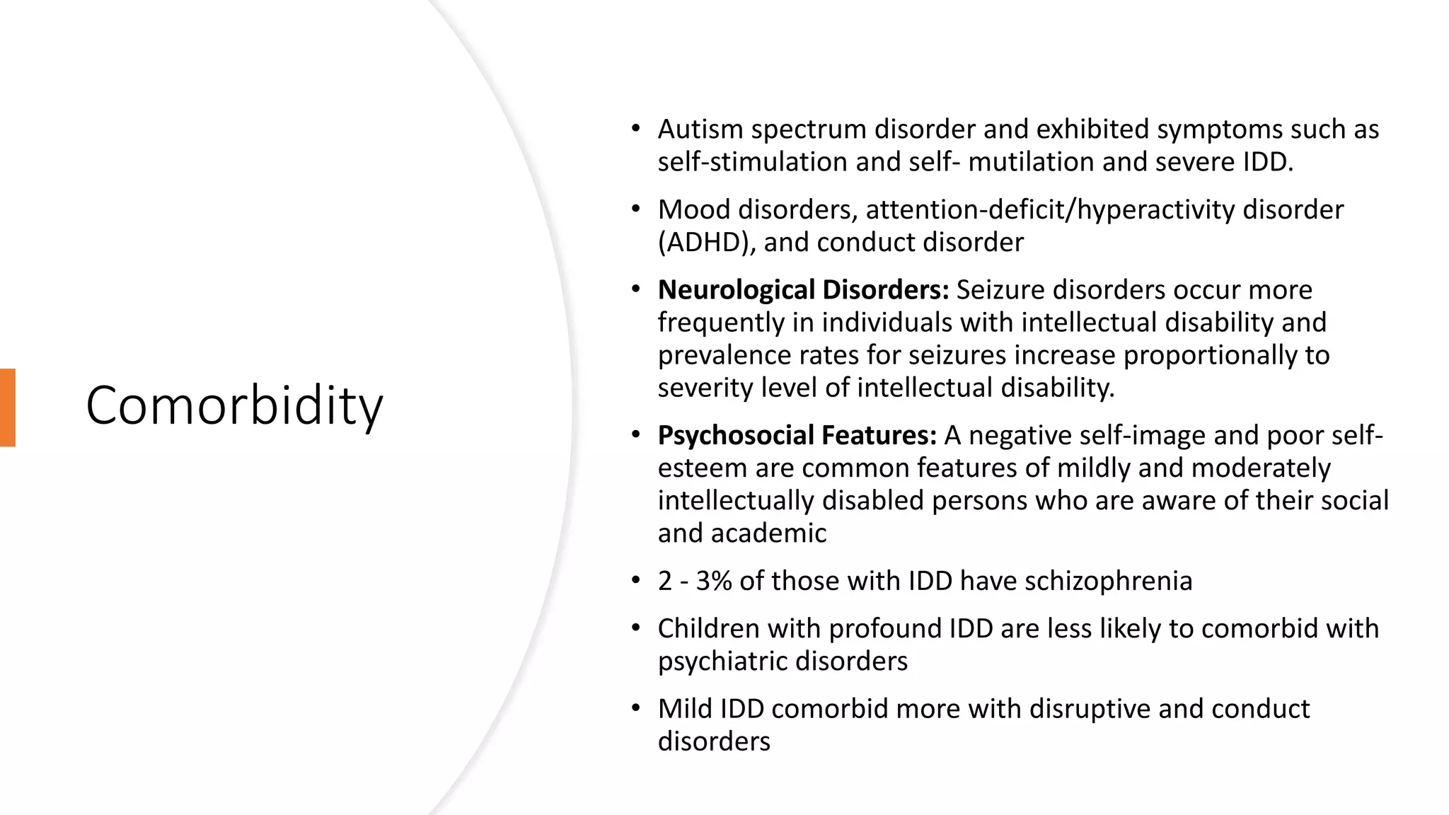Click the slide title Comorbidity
(234, 405)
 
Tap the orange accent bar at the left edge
(8, 407)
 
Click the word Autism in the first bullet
(700, 129)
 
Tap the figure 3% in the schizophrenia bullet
(713, 581)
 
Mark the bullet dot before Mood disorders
(635, 209)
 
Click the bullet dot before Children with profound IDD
(635, 628)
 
